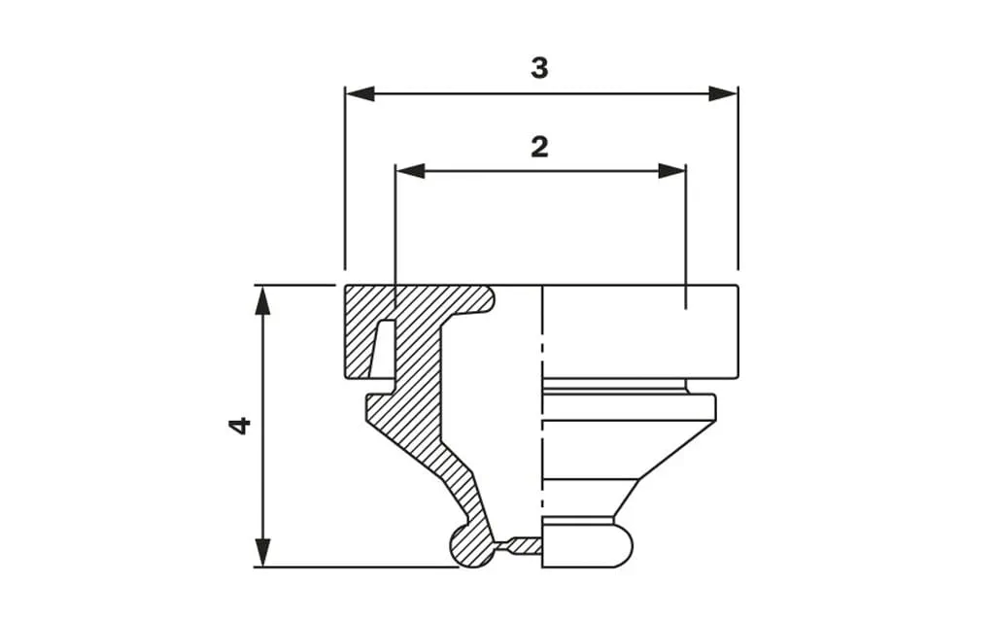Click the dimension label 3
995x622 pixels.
(539, 68)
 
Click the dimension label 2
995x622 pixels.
(539, 146)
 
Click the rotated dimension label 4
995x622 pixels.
(239, 426)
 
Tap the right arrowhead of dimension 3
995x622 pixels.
(723, 93)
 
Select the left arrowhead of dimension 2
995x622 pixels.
(410, 171)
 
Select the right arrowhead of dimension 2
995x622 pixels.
(672, 171)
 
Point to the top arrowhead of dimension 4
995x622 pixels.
(261, 300)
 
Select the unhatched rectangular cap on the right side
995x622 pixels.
(641, 330)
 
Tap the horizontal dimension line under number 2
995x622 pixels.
(540, 171)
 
